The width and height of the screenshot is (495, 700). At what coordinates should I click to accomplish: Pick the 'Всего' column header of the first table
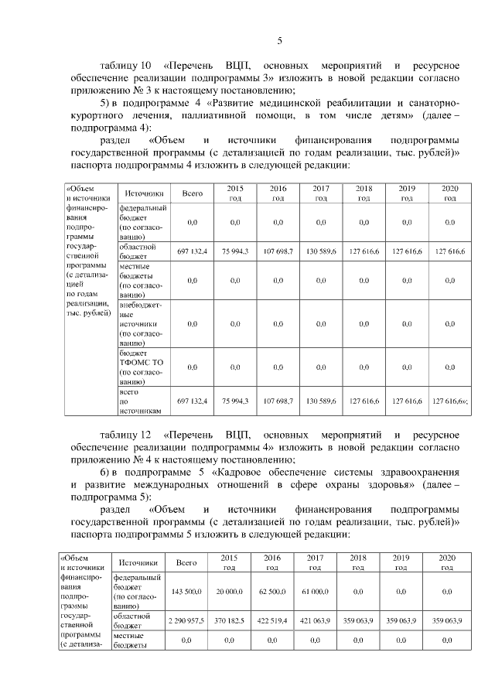pos(193,193)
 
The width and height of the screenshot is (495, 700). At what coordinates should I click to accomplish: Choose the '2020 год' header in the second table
pos(447,562)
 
